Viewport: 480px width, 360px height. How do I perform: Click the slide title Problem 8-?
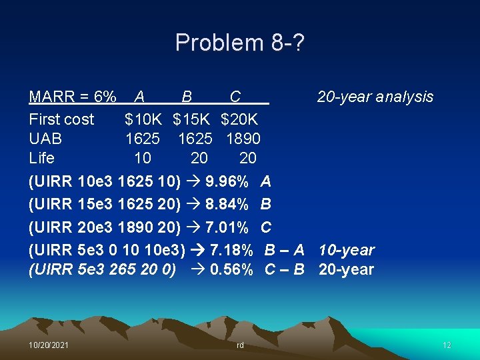click(x=240, y=43)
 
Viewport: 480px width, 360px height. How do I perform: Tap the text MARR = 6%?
click(x=73, y=97)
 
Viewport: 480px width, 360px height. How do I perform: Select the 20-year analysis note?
click(x=375, y=97)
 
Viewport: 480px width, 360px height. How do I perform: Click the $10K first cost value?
click(x=143, y=120)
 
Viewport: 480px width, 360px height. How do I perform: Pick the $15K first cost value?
click(x=191, y=120)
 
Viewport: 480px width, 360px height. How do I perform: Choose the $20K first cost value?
click(x=239, y=120)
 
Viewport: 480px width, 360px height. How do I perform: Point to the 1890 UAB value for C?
click(x=243, y=139)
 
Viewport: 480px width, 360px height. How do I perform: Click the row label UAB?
click(x=45, y=139)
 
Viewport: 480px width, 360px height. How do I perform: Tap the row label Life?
click(x=42, y=159)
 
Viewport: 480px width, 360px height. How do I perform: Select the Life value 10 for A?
click(x=142, y=159)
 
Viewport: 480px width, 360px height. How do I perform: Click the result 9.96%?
click(x=227, y=181)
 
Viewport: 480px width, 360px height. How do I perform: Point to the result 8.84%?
click(x=227, y=205)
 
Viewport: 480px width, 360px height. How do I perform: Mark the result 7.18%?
click(x=231, y=251)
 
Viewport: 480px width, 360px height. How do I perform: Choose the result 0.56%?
click(x=231, y=270)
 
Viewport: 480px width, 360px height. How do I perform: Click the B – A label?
click(x=284, y=251)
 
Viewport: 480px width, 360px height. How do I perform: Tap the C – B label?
click(x=284, y=270)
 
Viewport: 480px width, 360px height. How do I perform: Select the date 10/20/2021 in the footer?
click(x=48, y=345)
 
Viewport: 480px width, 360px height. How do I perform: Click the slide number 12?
click(x=447, y=345)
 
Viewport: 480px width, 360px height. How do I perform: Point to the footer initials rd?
click(x=240, y=345)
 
